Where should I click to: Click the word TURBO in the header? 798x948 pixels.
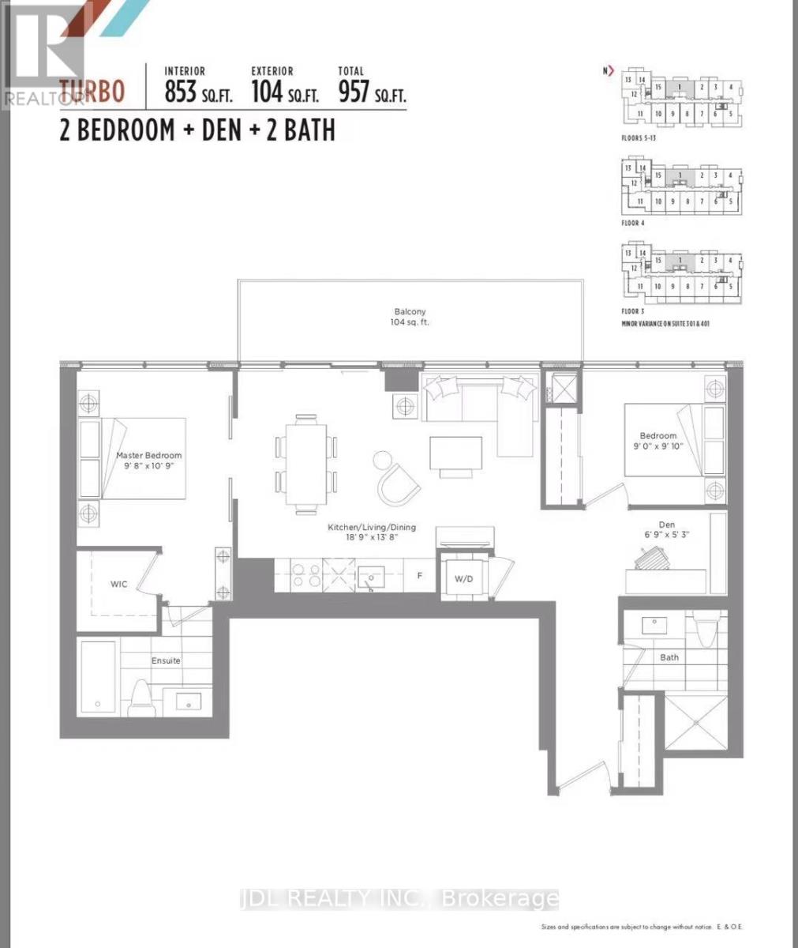(x=92, y=92)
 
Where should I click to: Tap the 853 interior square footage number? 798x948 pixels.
(x=180, y=92)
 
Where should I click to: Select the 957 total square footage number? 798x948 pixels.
(x=354, y=92)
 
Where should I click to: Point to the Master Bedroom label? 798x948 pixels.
(x=148, y=461)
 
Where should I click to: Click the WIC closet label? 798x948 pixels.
(x=118, y=585)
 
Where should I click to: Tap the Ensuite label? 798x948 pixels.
(x=166, y=660)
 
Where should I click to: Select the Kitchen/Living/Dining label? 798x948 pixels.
(x=372, y=532)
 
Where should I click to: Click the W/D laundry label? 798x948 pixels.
(x=463, y=580)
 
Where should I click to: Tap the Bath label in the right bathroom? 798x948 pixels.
(x=669, y=657)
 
